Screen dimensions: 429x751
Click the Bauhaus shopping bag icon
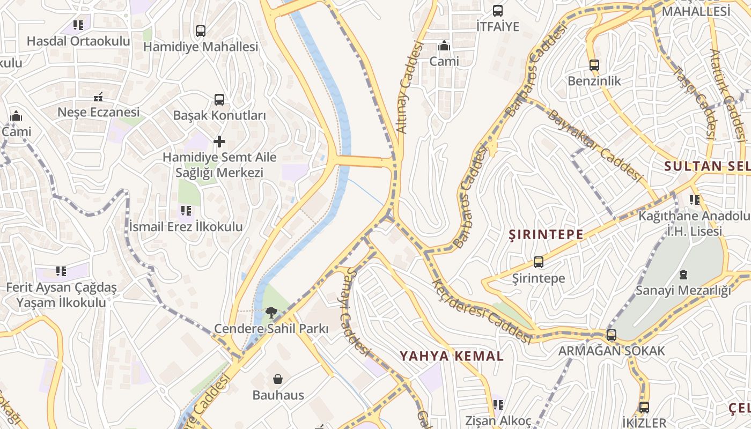point(278,380)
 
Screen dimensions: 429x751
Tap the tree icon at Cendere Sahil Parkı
point(271,313)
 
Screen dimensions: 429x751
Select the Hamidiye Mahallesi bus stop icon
point(201,31)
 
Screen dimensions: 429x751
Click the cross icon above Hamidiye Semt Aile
point(219,142)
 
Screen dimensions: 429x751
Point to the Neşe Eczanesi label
point(99,112)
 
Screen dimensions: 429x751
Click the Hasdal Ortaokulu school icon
point(78,25)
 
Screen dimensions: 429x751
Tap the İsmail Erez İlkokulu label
point(186,226)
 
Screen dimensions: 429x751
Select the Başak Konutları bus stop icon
point(219,99)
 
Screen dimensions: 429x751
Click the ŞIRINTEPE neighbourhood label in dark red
point(546,234)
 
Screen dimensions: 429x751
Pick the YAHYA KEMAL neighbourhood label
point(452,356)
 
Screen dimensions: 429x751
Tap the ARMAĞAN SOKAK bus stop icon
point(611,336)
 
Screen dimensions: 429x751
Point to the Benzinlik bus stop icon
point(594,65)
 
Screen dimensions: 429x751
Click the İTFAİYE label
point(498,26)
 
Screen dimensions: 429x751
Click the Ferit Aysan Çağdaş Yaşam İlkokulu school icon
point(61,272)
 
